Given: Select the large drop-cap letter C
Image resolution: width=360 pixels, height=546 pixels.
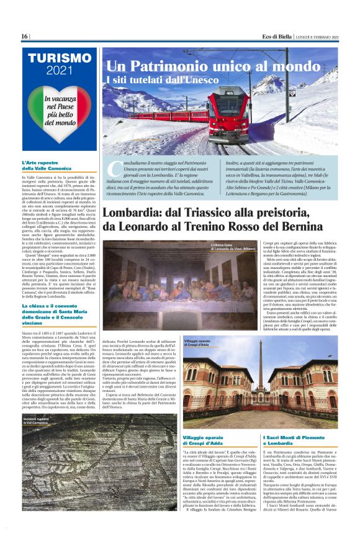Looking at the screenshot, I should click(x=114, y=168).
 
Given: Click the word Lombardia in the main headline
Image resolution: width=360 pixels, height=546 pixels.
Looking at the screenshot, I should click(x=136, y=213).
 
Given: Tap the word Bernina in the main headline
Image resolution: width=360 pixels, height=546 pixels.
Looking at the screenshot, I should click(x=310, y=227).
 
